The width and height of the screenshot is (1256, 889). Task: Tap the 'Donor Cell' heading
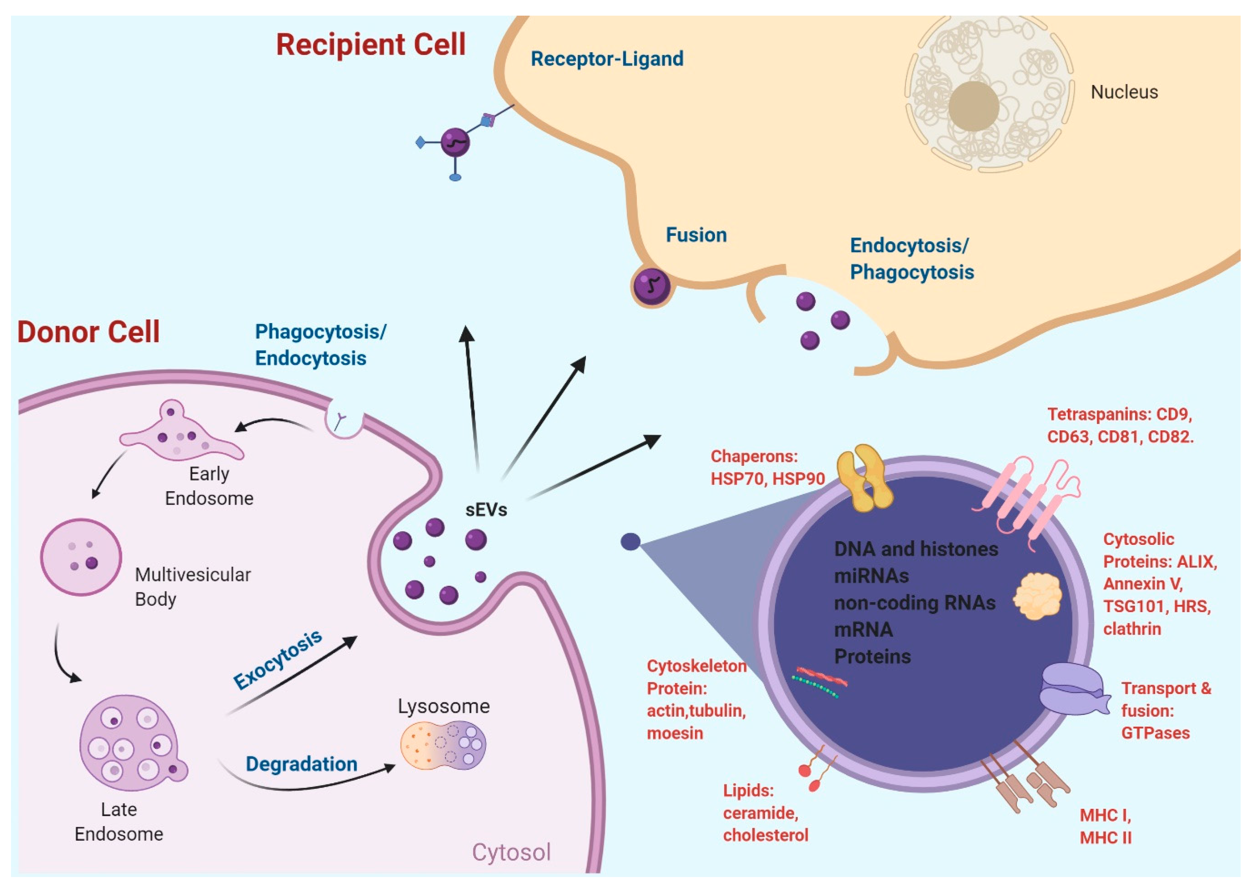click(x=88, y=332)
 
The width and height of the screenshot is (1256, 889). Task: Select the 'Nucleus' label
click(x=1124, y=92)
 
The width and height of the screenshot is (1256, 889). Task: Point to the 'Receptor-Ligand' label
click(x=607, y=59)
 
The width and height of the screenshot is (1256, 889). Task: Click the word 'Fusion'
click(x=696, y=235)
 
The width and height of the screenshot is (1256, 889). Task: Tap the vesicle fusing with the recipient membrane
click(x=651, y=286)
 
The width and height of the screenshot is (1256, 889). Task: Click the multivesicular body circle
click(x=81, y=557)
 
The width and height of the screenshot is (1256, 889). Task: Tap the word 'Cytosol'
click(x=511, y=852)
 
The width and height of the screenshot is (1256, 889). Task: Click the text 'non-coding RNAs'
click(x=914, y=603)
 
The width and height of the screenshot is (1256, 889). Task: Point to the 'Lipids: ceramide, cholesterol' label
click(x=765, y=813)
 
